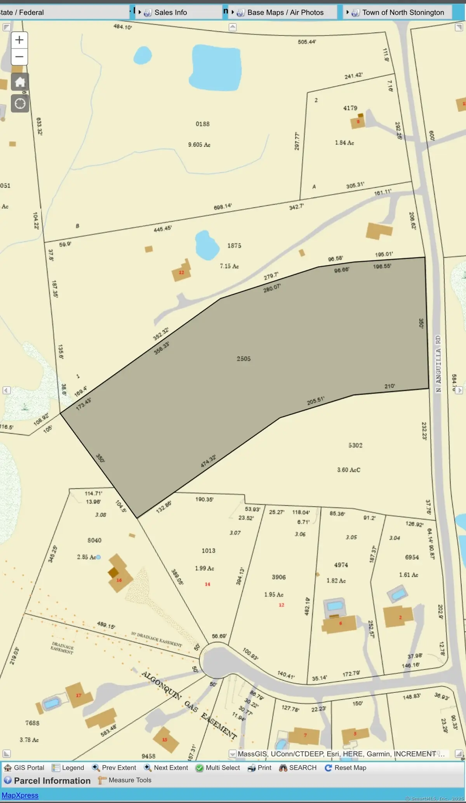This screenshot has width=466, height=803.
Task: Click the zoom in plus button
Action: (x=19, y=40)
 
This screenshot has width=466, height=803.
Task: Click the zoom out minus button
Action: (x=19, y=57)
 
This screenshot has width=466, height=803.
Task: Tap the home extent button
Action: (x=20, y=82)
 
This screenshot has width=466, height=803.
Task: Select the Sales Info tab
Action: (x=170, y=12)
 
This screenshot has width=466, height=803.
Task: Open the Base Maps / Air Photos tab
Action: (x=285, y=12)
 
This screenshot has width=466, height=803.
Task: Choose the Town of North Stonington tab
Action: (x=403, y=12)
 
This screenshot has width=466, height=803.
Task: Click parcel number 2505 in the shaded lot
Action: (x=243, y=359)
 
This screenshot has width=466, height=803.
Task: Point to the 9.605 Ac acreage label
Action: (x=199, y=145)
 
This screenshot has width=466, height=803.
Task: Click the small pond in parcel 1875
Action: (x=206, y=245)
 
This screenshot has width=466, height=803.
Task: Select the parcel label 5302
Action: (x=355, y=445)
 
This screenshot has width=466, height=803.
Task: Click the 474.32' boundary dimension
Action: (x=208, y=461)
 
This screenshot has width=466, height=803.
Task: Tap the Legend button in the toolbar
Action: (x=68, y=768)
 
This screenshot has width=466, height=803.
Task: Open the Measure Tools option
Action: (x=125, y=780)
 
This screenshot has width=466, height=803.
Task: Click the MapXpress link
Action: (x=20, y=795)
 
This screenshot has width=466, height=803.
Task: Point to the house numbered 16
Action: (x=119, y=580)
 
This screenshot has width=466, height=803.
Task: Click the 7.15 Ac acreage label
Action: (x=229, y=266)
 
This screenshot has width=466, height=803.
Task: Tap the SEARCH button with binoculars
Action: (x=298, y=768)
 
